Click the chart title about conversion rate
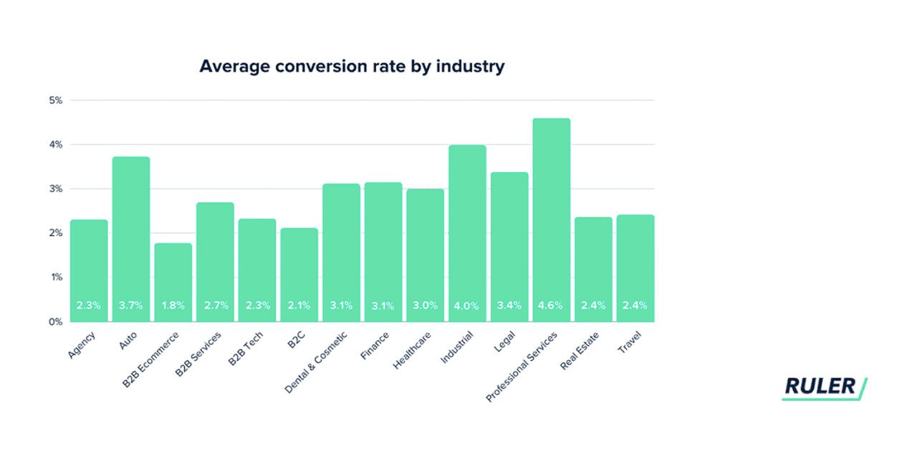[x=352, y=67]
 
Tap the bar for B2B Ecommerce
[x=173, y=280]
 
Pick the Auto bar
[x=131, y=237]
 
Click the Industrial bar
[x=467, y=229]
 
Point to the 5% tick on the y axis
[x=56, y=100]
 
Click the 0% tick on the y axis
[x=56, y=322]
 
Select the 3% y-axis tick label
[x=56, y=189]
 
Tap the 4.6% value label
[x=551, y=306]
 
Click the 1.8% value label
[x=173, y=306]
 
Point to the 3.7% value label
[x=131, y=306]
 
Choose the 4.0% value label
[x=467, y=306]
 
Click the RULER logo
[x=823, y=387]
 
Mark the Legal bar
[x=509, y=244]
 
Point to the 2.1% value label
[x=299, y=306]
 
